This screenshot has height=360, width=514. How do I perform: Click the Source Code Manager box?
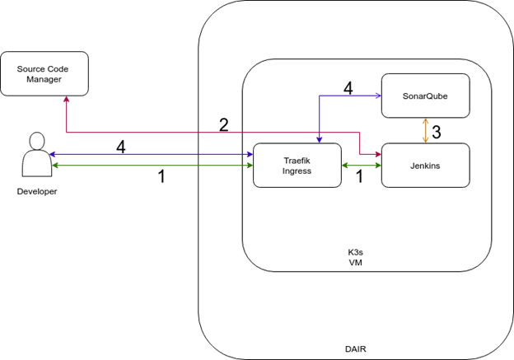coord(40,73)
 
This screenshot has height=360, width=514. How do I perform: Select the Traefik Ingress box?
coord(296,165)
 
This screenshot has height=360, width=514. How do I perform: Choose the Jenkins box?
coord(425,165)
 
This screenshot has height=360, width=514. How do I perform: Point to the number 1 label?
coord(359,175)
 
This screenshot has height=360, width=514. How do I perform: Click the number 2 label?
coord(223,125)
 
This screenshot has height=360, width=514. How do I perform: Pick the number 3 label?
coord(437,131)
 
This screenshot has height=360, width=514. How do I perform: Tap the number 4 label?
coord(348,88)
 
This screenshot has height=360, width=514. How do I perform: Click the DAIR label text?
coord(356,349)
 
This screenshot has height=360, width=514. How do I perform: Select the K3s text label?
coord(356,251)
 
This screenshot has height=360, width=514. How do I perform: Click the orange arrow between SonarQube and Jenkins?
coord(425,130)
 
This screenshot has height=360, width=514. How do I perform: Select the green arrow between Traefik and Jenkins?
coord(361,166)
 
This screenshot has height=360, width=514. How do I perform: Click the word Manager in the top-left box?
coord(40,79)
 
